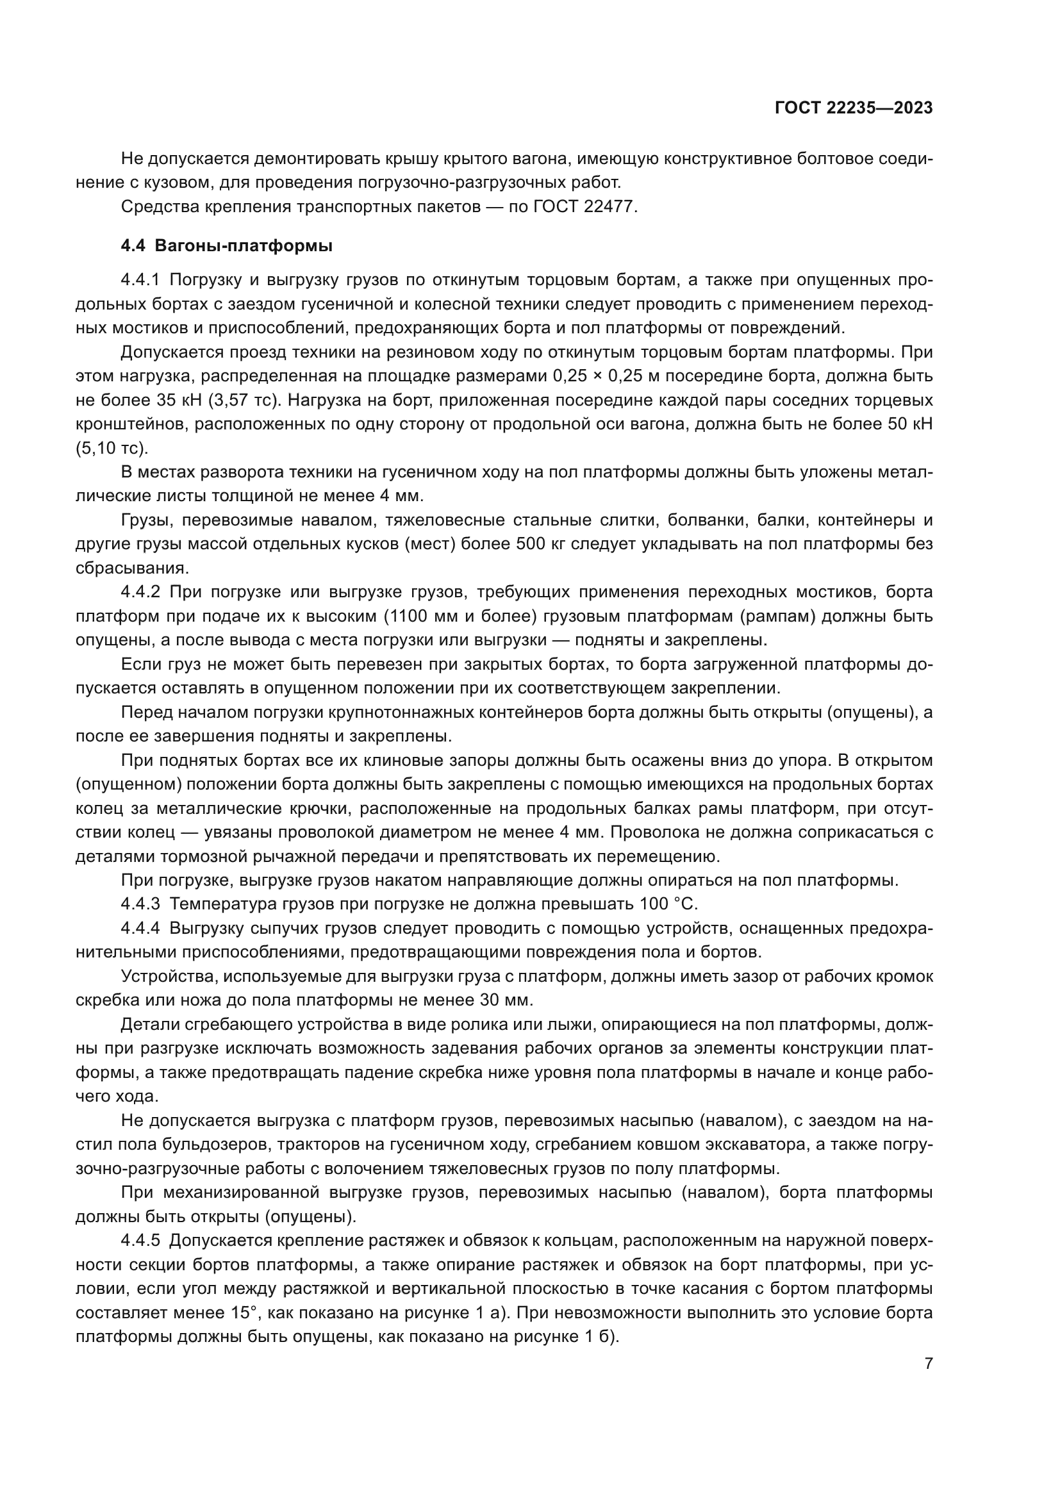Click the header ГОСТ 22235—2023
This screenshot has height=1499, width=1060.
click(853, 108)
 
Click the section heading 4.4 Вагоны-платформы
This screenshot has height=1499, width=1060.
click(226, 246)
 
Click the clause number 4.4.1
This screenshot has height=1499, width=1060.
click(140, 280)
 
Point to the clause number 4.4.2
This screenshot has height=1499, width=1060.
click(140, 592)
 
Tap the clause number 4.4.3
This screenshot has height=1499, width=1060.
click(140, 904)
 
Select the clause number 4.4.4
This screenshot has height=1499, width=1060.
click(140, 929)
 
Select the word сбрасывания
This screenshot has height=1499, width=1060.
click(133, 568)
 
